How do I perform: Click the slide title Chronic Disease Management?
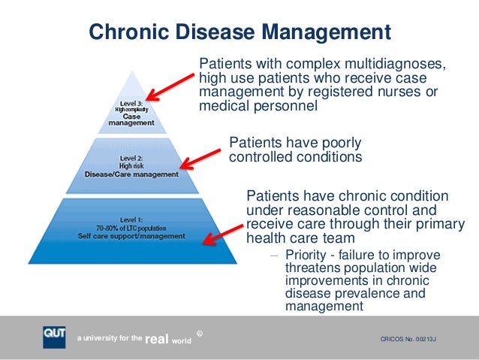click(x=239, y=32)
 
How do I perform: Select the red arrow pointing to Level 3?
click(x=171, y=83)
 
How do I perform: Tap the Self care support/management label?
click(x=131, y=236)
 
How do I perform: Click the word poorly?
click(x=338, y=143)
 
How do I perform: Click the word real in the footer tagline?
click(x=155, y=340)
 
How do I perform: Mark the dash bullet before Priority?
click(x=274, y=256)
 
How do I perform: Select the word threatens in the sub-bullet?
click(x=311, y=268)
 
